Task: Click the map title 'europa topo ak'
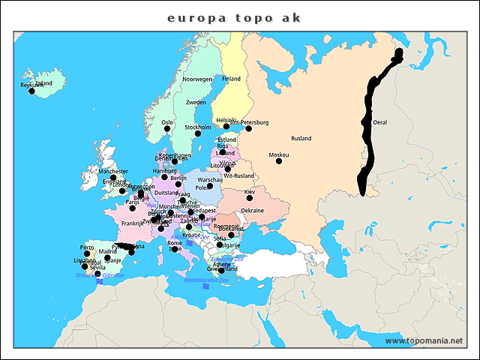pos(234,17)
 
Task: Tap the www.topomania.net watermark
pos(424,340)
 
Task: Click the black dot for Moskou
pos(279,160)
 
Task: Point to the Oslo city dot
pos(167,128)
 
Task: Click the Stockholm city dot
pos(198,133)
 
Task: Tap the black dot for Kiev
pos(250,198)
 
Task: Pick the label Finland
pos(231,78)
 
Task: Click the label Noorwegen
pos(197,79)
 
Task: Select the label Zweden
pos(196,102)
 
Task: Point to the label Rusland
pos(301,139)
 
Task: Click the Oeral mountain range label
pos(380,121)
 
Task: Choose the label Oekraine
pos(252,211)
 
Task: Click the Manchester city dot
pos(114,178)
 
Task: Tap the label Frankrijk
pos(132,223)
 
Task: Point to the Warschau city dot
pos(210,186)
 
